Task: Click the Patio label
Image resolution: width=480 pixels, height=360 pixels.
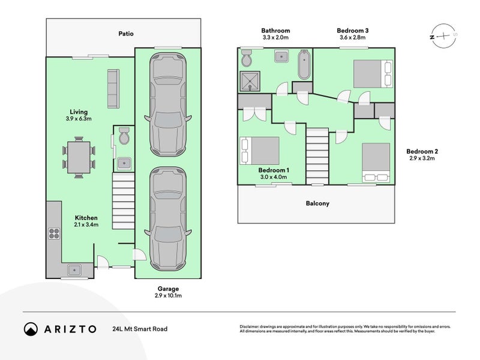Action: point(125,34)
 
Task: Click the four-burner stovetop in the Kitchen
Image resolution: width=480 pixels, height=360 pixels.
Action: point(54,234)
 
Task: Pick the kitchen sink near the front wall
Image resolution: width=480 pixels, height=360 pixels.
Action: point(76,270)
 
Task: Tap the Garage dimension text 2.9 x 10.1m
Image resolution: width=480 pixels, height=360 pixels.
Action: point(168,296)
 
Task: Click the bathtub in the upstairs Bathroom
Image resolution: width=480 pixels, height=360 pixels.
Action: point(304,65)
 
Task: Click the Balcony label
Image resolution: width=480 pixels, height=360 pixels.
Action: point(316,203)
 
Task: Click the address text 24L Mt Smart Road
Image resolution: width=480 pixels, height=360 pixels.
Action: point(139,329)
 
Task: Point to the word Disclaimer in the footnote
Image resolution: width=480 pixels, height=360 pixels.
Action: point(251,326)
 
